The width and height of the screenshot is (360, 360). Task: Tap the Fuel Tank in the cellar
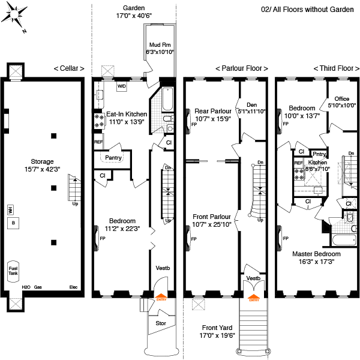[x=12, y=271]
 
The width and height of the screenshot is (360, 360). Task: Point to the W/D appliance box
[x=122, y=86]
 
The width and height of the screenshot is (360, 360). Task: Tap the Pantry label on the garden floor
[x=113, y=158]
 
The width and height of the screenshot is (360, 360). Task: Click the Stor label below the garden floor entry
[x=161, y=323]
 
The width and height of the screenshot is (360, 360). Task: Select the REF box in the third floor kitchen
[x=298, y=163]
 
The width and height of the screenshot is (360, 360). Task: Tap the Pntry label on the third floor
[x=319, y=154]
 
